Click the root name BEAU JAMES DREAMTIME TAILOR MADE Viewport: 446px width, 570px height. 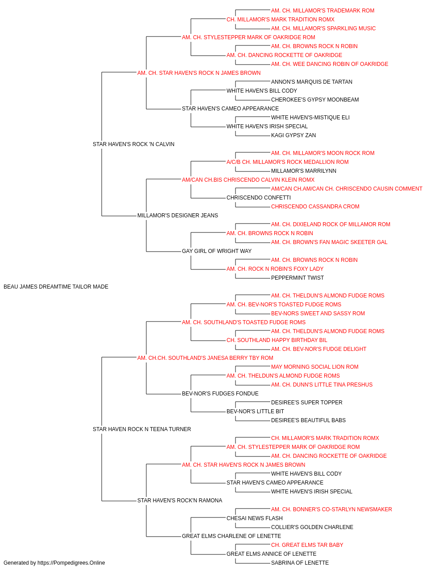pyautogui.click(x=56, y=287)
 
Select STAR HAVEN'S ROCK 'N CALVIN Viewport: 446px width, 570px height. pyautogui.click(x=133, y=144)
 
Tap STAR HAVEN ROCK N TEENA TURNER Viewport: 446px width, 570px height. pyautogui.click(x=142, y=429)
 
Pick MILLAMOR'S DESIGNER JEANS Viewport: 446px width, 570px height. pyautogui.click(x=178, y=216)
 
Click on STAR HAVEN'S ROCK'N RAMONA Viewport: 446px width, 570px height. pyautogui.click(x=180, y=501)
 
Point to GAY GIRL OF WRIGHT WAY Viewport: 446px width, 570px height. pyautogui.click(x=217, y=251)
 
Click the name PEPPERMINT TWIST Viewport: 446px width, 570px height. pyautogui.click(x=297, y=278)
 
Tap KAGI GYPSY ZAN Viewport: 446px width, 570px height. pyautogui.click(x=293, y=135)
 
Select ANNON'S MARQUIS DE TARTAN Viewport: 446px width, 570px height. pyautogui.click(x=311, y=82)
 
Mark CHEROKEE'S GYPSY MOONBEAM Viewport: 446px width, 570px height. pyautogui.click(x=315, y=100)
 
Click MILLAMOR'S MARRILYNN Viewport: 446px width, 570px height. pyautogui.click(x=304, y=171)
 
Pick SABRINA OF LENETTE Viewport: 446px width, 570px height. pyautogui.click(x=300, y=563)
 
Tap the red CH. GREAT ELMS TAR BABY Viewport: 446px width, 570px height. pyautogui.click(x=307, y=545)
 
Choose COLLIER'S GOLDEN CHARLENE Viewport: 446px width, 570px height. pyautogui.click(x=312, y=527)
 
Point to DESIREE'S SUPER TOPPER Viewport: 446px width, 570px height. pyautogui.click(x=306, y=403)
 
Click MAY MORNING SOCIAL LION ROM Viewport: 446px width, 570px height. pyautogui.click(x=315, y=367)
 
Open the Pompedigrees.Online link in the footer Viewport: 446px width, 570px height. pyautogui.click(x=71, y=563)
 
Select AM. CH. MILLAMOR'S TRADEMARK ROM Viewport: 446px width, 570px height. pyautogui.click(x=322, y=11)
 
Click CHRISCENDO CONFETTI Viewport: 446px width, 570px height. pyautogui.click(x=259, y=198)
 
